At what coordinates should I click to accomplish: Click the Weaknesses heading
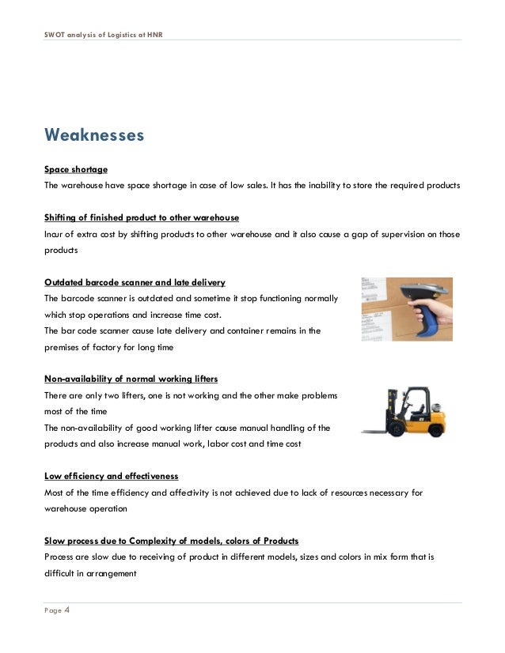tap(94, 135)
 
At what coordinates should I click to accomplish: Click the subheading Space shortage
tap(75, 170)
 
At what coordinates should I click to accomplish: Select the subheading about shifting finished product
tap(141, 217)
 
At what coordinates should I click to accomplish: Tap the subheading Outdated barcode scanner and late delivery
tap(135, 282)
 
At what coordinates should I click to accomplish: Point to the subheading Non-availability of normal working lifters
tap(132, 379)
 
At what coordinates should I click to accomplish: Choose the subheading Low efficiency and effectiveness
tap(111, 476)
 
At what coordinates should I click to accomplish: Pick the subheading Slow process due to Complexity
tap(171, 540)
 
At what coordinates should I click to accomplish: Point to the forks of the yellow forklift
tap(377, 431)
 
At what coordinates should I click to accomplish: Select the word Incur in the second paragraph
tap(55, 234)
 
